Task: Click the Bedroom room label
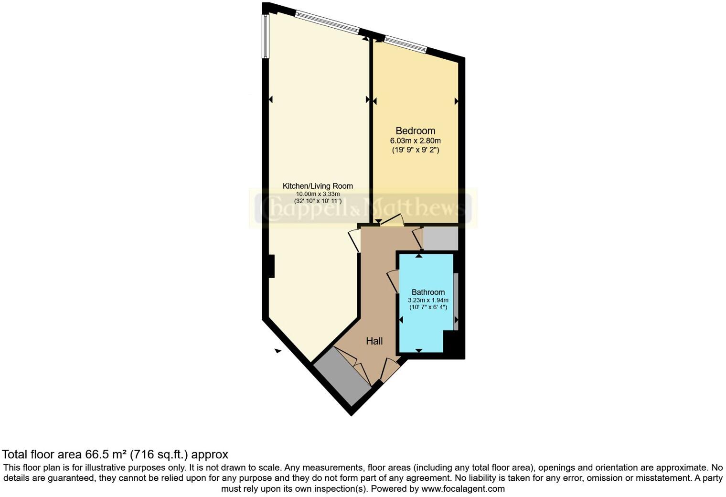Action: pyautogui.click(x=415, y=131)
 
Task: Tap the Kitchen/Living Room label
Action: pyautogui.click(x=318, y=186)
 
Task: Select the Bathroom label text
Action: pyautogui.click(x=428, y=292)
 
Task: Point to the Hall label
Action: pyautogui.click(x=374, y=341)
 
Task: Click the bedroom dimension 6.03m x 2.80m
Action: pyautogui.click(x=415, y=141)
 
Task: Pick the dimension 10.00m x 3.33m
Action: pyautogui.click(x=318, y=194)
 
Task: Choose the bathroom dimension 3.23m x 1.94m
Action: pyautogui.click(x=428, y=300)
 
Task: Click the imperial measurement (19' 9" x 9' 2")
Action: pyautogui.click(x=415, y=150)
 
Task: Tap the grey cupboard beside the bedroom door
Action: pyautogui.click(x=440, y=238)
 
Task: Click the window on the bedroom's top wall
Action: pyautogui.click(x=406, y=43)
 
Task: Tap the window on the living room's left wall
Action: pyautogui.click(x=265, y=36)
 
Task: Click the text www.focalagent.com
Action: pyautogui.click(x=463, y=489)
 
